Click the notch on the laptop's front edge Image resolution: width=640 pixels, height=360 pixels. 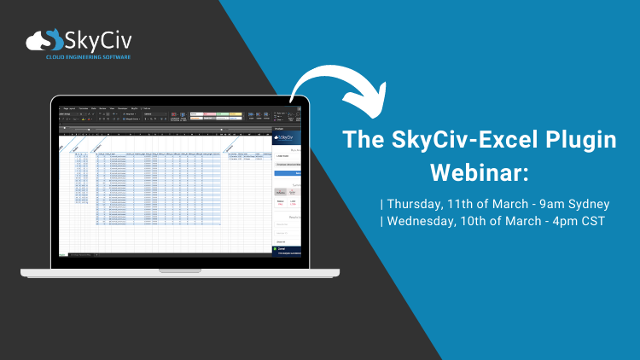coord(180,270)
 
